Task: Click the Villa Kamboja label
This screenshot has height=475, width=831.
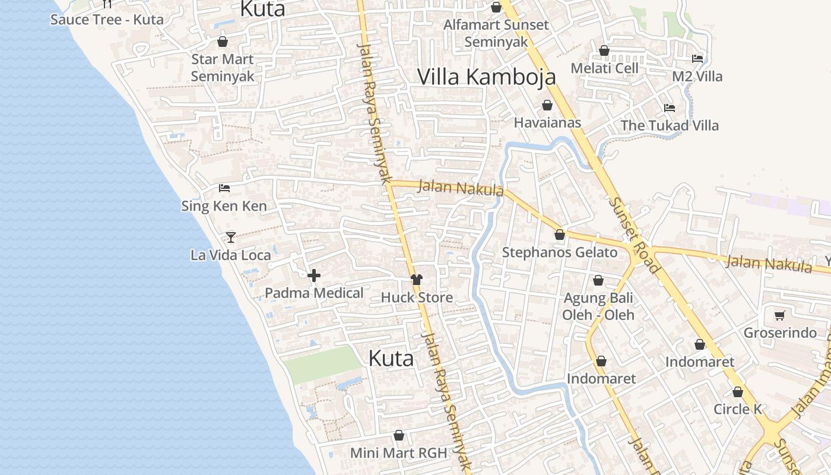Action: tap(487, 77)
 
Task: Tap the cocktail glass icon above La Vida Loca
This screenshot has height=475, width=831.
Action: tap(231, 237)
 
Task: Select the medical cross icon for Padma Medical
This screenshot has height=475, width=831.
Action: tap(314, 275)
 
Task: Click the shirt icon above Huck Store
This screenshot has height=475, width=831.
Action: tap(417, 280)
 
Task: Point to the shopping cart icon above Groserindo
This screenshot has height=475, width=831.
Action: tap(780, 315)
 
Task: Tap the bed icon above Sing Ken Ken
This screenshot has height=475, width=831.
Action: tap(224, 188)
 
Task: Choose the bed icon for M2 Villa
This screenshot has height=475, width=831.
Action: tap(697, 58)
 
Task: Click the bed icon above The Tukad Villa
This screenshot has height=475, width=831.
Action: tap(670, 107)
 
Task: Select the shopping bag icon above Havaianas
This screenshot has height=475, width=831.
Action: tap(547, 105)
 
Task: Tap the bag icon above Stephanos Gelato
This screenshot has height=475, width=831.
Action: tap(560, 235)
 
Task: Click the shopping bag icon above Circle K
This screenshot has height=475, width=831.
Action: tap(738, 392)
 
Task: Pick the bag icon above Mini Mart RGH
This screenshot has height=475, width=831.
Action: tap(399, 435)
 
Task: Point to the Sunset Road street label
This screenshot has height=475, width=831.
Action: tap(634, 235)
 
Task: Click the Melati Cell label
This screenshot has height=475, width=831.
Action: tap(604, 68)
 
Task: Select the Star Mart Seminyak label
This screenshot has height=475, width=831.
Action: tap(223, 68)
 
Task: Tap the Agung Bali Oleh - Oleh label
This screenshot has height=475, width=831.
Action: tap(598, 306)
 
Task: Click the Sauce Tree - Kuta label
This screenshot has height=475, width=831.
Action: tap(107, 19)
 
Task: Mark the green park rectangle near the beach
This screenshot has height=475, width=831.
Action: tap(321, 364)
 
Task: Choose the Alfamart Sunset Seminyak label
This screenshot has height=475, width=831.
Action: tap(496, 33)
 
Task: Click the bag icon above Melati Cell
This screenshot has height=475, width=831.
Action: tap(604, 50)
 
